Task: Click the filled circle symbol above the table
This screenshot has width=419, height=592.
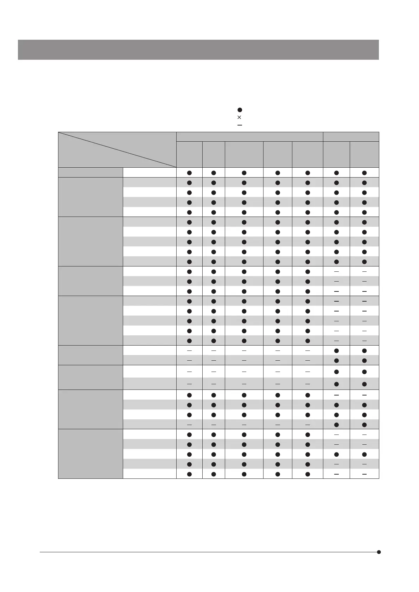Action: pyautogui.click(x=240, y=110)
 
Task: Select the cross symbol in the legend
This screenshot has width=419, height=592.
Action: pyautogui.click(x=240, y=117)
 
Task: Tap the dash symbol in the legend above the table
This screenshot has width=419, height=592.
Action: pyautogui.click(x=240, y=125)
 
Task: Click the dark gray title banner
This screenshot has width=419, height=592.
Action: pyautogui.click(x=198, y=50)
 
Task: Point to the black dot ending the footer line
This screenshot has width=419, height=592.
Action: pyautogui.click(x=379, y=552)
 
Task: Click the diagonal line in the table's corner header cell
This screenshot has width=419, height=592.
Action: pyautogui.click(x=117, y=149)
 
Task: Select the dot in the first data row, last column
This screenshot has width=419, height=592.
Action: pyautogui.click(x=364, y=173)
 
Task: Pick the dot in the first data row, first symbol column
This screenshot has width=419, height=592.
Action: pyautogui.click(x=189, y=173)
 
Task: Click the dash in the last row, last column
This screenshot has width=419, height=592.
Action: pyautogui.click(x=364, y=474)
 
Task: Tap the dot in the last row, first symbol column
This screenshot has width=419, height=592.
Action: pyautogui.click(x=189, y=474)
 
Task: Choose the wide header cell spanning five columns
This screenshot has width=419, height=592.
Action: pyautogui.click(x=249, y=137)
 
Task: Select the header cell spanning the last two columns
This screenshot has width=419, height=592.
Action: pyautogui.click(x=351, y=137)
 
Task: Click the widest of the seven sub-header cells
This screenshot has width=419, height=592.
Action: pyautogui.click(x=244, y=154)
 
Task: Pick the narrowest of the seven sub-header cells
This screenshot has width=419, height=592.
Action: pyautogui.click(x=214, y=154)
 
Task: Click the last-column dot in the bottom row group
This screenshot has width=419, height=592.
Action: pyautogui.click(x=364, y=454)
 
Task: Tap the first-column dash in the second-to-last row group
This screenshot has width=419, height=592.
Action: pyautogui.click(x=189, y=425)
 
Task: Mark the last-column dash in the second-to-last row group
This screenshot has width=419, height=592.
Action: pyautogui.click(x=364, y=395)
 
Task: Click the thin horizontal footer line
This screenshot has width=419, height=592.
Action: pyautogui.click(x=208, y=552)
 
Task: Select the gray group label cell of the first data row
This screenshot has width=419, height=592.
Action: pyautogui.click(x=90, y=173)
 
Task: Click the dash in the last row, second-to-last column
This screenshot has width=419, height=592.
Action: pyautogui.click(x=336, y=474)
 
